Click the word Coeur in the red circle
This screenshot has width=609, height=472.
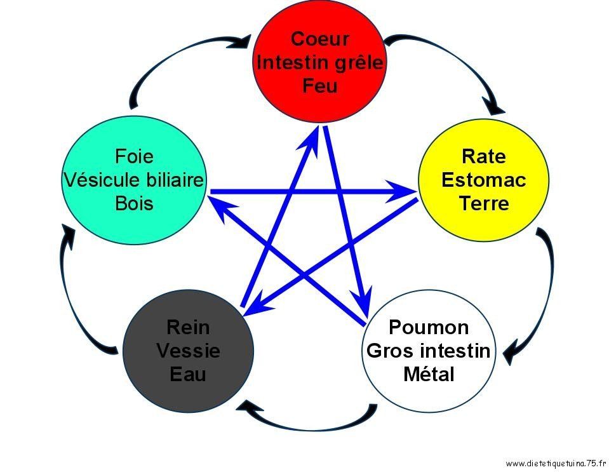pyautogui.click(x=319, y=39)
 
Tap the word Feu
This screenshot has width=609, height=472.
pyautogui.click(x=319, y=86)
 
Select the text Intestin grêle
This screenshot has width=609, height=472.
pyautogui.click(x=319, y=62)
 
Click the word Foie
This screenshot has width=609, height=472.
pyautogui.click(x=134, y=156)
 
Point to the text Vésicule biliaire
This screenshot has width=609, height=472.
pyautogui.click(x=133, y=180)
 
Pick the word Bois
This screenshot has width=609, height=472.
pyautogui.click(x=134, y=203)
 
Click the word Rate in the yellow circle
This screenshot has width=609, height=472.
pyautogui.click(x=483, y=156)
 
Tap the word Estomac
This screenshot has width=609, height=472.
pyautogui.click(x=483, y=180)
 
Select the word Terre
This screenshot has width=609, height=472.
pyautogui.click(x=483, y=203)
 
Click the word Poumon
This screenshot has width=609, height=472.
pyautogui.click(x=429, y=327)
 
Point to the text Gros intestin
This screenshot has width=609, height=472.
pyautogui.click(x=429, y=351)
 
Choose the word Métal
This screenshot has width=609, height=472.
pyautogui.click(x=429, y=374)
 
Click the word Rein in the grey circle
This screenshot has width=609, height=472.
pyautogui.click(x=188, y=327)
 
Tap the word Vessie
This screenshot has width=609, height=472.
pyautogui.click(x=188, y=351)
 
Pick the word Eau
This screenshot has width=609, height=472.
pyautogui.click(x=188, y=374)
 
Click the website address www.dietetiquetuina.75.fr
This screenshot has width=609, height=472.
pyautogui.click(x=556, y=463)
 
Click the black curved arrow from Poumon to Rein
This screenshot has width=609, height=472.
pyautogui.click(x=307, y=426)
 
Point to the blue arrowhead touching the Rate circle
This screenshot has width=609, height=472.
pyautogui.click(x=402, y=191)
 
